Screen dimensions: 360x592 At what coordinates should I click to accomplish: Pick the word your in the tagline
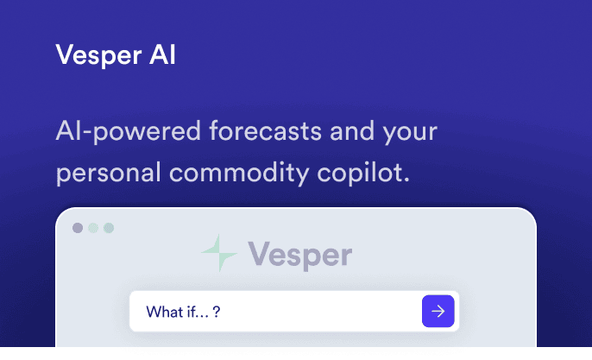[406, 133]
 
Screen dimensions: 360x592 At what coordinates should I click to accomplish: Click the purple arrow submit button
[438, 311]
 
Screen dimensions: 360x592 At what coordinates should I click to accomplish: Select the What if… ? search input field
[276, 311]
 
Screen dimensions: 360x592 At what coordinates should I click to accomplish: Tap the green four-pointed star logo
[219, 254]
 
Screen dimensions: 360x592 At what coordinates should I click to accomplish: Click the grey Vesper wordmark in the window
[299, 255]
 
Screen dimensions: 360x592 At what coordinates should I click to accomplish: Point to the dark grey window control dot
[78, 228]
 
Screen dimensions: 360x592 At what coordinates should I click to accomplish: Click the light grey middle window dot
[93, 228]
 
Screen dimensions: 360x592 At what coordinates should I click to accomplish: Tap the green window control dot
[109, 228]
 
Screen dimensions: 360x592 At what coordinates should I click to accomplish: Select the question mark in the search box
[217, 311]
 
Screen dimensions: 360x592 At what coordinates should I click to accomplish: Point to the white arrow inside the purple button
[438, 311]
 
